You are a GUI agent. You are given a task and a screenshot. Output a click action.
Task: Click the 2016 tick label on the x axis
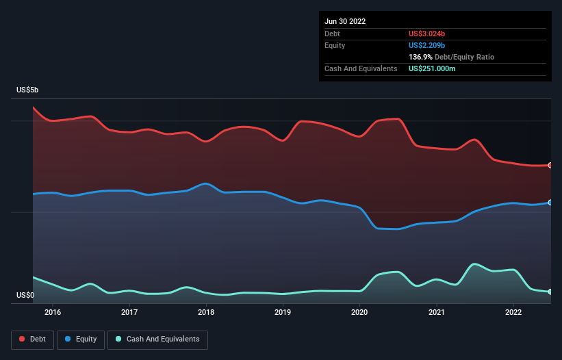(53, 313)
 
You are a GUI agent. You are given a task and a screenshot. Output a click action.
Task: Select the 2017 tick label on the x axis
(129, 313)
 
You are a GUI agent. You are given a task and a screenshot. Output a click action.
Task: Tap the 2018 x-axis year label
(206, 313)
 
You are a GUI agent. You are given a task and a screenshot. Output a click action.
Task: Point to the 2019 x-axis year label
(283, 313)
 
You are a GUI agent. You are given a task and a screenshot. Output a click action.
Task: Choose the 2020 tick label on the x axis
(360, 313)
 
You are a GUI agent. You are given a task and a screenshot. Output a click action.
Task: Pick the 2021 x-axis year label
(437, 313)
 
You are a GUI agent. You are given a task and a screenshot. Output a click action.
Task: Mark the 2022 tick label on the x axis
(513, 313)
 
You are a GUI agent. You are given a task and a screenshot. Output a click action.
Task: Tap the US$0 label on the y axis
(25, 296)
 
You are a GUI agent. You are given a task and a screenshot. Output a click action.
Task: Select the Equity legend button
(81, 339)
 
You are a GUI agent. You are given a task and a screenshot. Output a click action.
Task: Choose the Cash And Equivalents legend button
(157, 339)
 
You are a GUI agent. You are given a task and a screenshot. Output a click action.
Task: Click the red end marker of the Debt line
(550, 165)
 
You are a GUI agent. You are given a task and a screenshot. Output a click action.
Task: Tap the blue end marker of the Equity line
(550, 203)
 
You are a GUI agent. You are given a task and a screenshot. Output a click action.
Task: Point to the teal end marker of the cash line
(550, 292)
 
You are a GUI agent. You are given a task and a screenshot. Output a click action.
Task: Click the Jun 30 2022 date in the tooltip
(345, 21)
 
